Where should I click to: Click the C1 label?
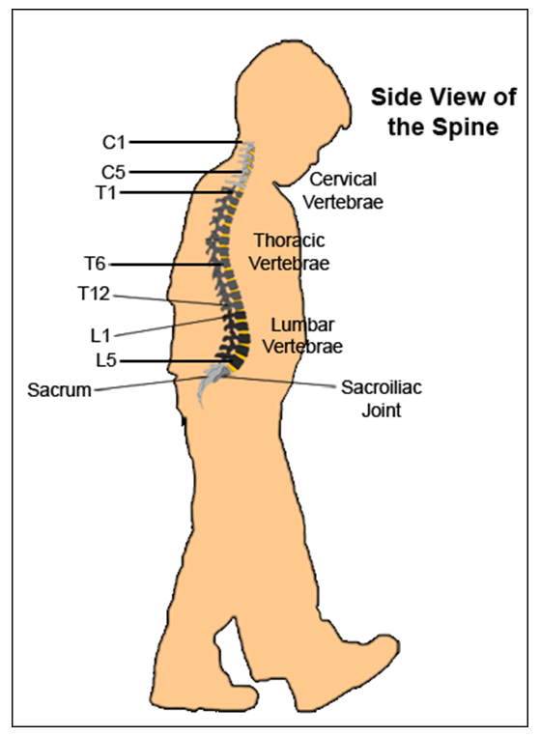[x=114, y=142]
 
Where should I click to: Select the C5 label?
[x=113, y=173]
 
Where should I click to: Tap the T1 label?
[x=105, y=193]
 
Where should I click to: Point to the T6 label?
[x=95, y=264]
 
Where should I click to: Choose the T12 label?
[x=94, y=294]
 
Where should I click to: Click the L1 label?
[x=100, y=335]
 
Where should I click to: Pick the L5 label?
[x=105, y=360]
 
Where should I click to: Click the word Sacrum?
[x=59, y=390]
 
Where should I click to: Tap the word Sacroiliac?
[x=382, y=387]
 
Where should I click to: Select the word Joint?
[x=382, y=411]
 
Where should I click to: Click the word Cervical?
[x=343, y=179]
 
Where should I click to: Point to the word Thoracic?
[x=289, y=241]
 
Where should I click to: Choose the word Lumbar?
[x=302, y=325]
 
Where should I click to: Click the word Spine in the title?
[x=466, y=127]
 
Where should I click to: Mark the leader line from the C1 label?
[x=185, y=142]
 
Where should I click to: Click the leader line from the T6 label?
[x=165, y=265]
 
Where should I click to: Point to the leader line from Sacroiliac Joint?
[x=280, y=382]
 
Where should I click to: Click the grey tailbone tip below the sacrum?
[x=203, y=406]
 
